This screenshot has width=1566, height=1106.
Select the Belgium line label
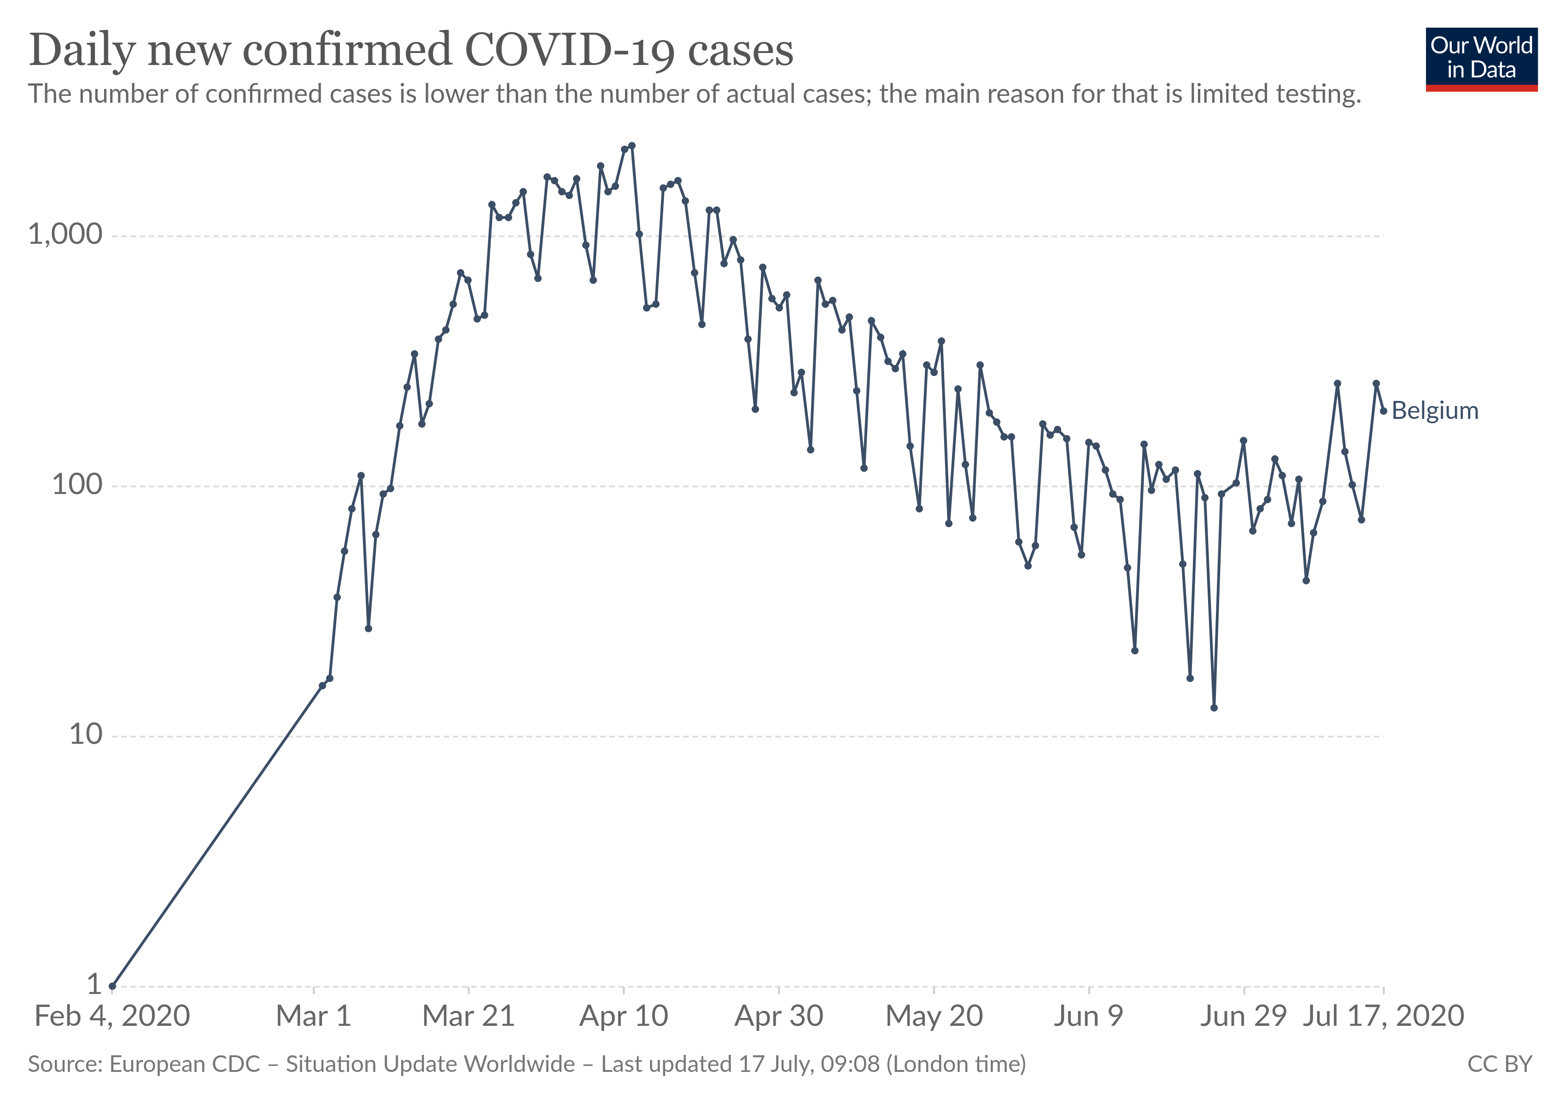[1434, 411]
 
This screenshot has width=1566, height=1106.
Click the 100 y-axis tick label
[76, 485]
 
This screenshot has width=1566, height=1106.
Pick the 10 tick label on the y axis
[85, 735]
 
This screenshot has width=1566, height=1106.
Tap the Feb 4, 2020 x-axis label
[112, 1017]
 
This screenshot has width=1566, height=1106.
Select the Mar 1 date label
[313, 1017]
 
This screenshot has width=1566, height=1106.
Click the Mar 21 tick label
[468, 1017]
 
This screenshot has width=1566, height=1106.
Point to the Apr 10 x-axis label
[623, 1017]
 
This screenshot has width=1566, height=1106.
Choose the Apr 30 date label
[778, 1017]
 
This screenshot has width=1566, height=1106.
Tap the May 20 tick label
[934, 1017]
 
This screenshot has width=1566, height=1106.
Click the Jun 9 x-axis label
[1088, 1017]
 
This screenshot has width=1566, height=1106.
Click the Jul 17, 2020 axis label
[1383, 1017]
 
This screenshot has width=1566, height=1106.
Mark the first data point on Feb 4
[112, 986]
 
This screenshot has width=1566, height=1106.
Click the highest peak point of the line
[631, 145]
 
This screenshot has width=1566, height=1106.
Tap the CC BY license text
[1499, 1065]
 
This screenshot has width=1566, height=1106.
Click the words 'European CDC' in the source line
[184, 1065]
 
